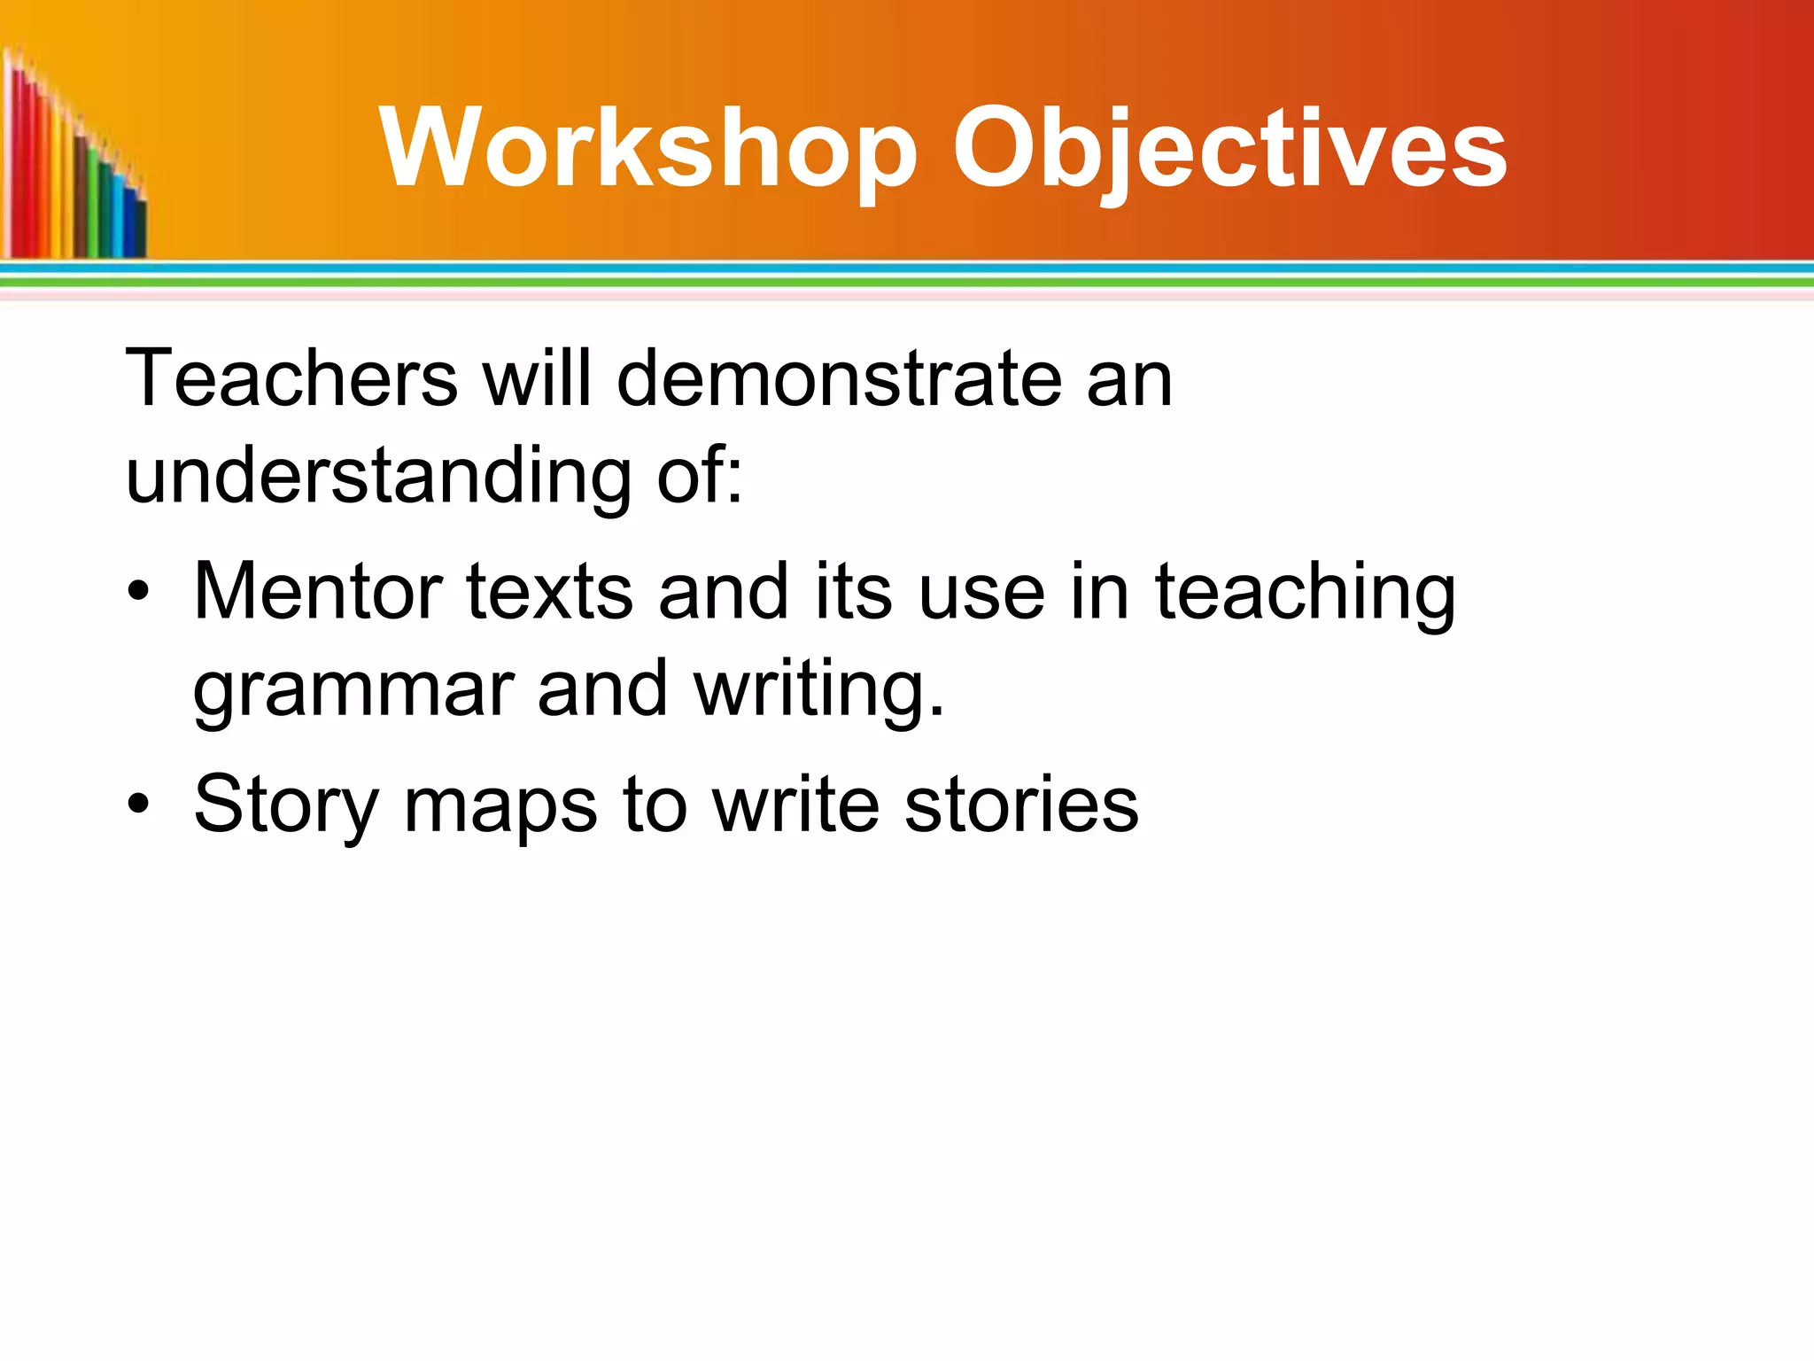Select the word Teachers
pyautogui.click(x=291, y=378)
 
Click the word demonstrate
pyautogui.click(x=838, y=378)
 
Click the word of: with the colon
pyautogui.click(x=700, y=476)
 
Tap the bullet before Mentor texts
pyautogui.click(x=137, y=591)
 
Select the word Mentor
pyautogui.click(x=318, y=591)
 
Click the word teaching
pyautogui.click(x=1305, y=591)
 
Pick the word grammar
pyautogui.click(x=353, y=689)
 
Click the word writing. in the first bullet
pyautogui.click(x=819, y=689)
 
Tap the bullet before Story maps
pyautogui.click(x=137, y=804)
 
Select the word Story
pyautogui.click(x=286, y=804)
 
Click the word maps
pyautogui.click(x=500, y=804)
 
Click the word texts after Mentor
pyautogui.click(x=549, y=591)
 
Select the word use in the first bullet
pyautogui.click(x=981, y=591)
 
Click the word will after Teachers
pyautogui.click(x=537, y=378)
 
